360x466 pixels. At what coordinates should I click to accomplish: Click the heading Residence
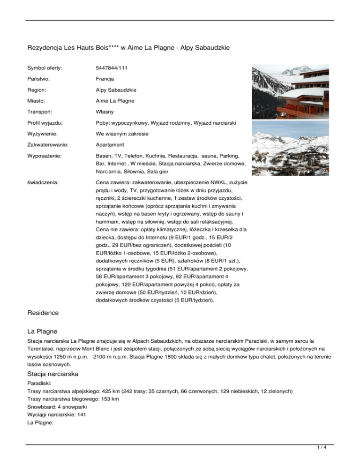(43, 312)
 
